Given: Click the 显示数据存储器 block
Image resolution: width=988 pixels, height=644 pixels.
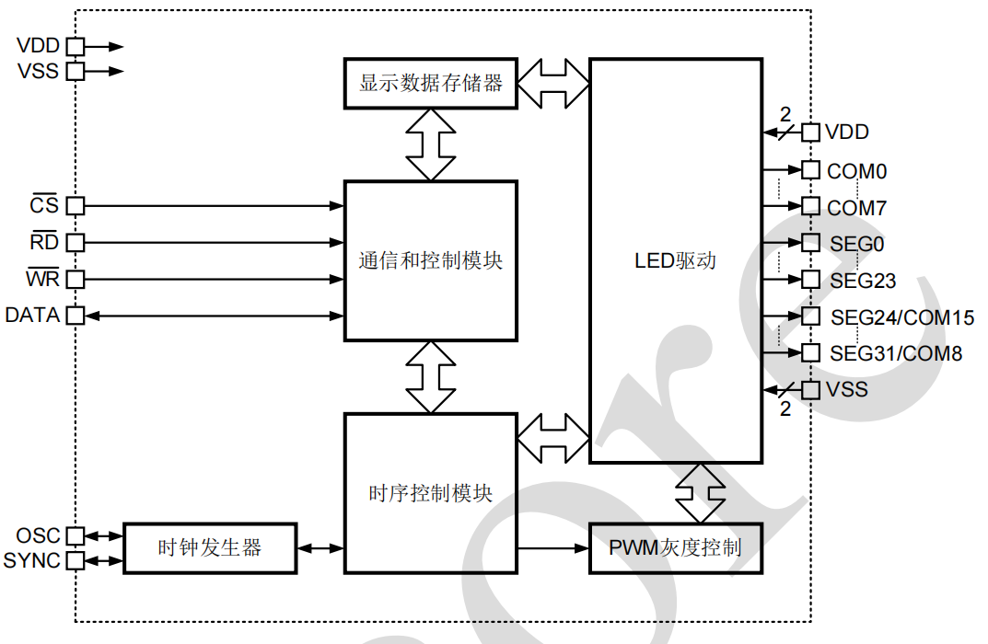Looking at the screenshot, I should point(431,83).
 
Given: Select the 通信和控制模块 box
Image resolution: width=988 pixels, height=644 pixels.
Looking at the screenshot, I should point(430,261).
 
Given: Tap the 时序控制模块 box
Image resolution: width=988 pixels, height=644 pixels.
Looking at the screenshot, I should point(430,493).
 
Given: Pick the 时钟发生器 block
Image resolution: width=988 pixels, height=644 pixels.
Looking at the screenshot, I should point(210,548).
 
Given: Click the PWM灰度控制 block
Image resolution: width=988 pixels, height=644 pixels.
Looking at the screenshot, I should point(675,548).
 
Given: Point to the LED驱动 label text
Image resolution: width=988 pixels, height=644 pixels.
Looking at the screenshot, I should point(675,260).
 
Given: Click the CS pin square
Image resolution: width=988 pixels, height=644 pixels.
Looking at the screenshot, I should point(76,206).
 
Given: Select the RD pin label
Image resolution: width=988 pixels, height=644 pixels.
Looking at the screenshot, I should point(44,242).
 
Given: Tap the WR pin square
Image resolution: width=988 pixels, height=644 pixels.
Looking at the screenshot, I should point(76,279).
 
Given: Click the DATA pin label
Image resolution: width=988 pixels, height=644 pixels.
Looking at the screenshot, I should point(32,316).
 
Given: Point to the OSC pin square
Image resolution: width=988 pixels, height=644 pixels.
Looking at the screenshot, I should point(76,535).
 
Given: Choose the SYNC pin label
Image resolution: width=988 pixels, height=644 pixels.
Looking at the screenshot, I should point(32,560).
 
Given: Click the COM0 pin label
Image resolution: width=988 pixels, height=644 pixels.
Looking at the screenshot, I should point(856,171).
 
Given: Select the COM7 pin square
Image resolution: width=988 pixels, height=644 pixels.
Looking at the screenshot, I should point(810,206).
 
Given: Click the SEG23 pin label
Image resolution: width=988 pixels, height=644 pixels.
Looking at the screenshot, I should point(863,280).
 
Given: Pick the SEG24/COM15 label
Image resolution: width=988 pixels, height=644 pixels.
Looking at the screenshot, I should point(902,318).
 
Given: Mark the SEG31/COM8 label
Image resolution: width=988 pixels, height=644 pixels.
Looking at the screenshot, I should point(896,353).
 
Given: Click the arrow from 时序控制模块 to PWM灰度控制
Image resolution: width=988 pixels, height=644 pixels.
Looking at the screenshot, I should point(552,549).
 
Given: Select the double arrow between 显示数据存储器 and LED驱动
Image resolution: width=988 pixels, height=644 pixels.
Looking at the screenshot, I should point(552,83).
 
